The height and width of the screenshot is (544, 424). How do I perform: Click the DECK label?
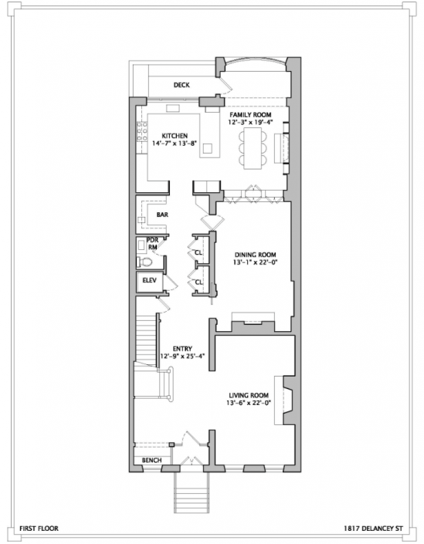pos(181,85)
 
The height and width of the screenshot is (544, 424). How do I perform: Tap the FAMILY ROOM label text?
pos(250,115)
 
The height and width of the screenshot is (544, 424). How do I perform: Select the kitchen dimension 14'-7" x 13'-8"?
pos(175,143)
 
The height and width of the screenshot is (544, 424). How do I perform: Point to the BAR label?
pos(162,215)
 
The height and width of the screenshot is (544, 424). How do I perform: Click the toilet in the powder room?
pos(144,262)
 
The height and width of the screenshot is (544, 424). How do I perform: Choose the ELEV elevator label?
pos(150,280)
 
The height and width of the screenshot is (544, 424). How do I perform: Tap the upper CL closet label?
pos(198,252)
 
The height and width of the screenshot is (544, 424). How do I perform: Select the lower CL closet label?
pos(198,282)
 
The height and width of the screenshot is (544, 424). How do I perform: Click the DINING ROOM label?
pos(255,255)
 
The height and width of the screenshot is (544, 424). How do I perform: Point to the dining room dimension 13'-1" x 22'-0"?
pos(255,262)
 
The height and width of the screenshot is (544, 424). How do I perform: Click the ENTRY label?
pos(182,349)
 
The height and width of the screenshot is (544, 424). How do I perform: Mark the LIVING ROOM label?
pos(249,395)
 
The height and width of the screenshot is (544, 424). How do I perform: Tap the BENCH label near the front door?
pos(151,460)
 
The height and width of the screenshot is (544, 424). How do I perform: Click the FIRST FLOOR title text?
pos(39,529)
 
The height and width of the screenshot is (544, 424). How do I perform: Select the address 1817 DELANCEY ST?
pos(373,529)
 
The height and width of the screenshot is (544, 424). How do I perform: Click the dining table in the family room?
pos(253,148)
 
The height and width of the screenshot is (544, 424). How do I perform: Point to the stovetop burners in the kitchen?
pos(142,131)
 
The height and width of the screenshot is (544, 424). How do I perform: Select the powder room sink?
pos(142,245)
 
